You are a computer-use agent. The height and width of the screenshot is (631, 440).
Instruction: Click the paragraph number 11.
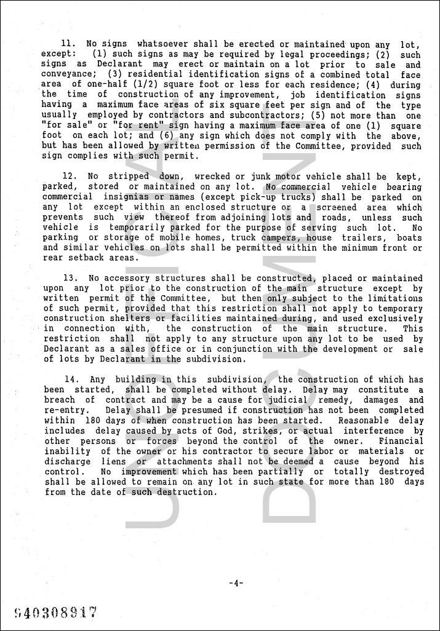click(x=68, y=44)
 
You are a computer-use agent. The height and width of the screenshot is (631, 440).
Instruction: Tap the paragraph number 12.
click(x=69, y=177)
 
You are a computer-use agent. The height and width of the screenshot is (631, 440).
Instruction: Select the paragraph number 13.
click(x=69, y=279)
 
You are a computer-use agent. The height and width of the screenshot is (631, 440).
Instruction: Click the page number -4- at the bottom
click(x=236, y=583)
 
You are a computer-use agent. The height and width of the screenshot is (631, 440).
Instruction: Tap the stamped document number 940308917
click(x=55, y=612)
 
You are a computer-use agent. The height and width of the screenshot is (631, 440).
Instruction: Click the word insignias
click(x=117, y=197)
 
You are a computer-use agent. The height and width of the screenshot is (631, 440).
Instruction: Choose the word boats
click(x=409, y=238)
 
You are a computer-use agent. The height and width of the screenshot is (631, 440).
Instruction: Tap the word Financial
click(x=401, y=441)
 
